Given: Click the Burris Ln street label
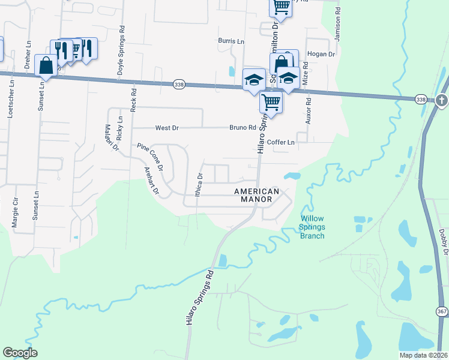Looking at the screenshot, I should tap(231, 42).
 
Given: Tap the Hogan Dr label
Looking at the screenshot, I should tap(321, 54).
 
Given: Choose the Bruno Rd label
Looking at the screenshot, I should tap(243, 128).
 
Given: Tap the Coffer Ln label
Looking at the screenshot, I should tap(281, 143).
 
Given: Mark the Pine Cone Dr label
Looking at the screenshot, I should tap(150, 157).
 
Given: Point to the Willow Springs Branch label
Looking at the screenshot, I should tap(312, 227).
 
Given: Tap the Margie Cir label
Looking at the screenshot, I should tap(14, 213).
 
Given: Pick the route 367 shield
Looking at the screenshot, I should tap(441, 311).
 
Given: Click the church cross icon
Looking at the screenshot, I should tap(442, 100).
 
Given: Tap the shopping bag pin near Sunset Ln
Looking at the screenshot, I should tap(46, 65).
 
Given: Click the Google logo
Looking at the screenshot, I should tap(20, 353).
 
